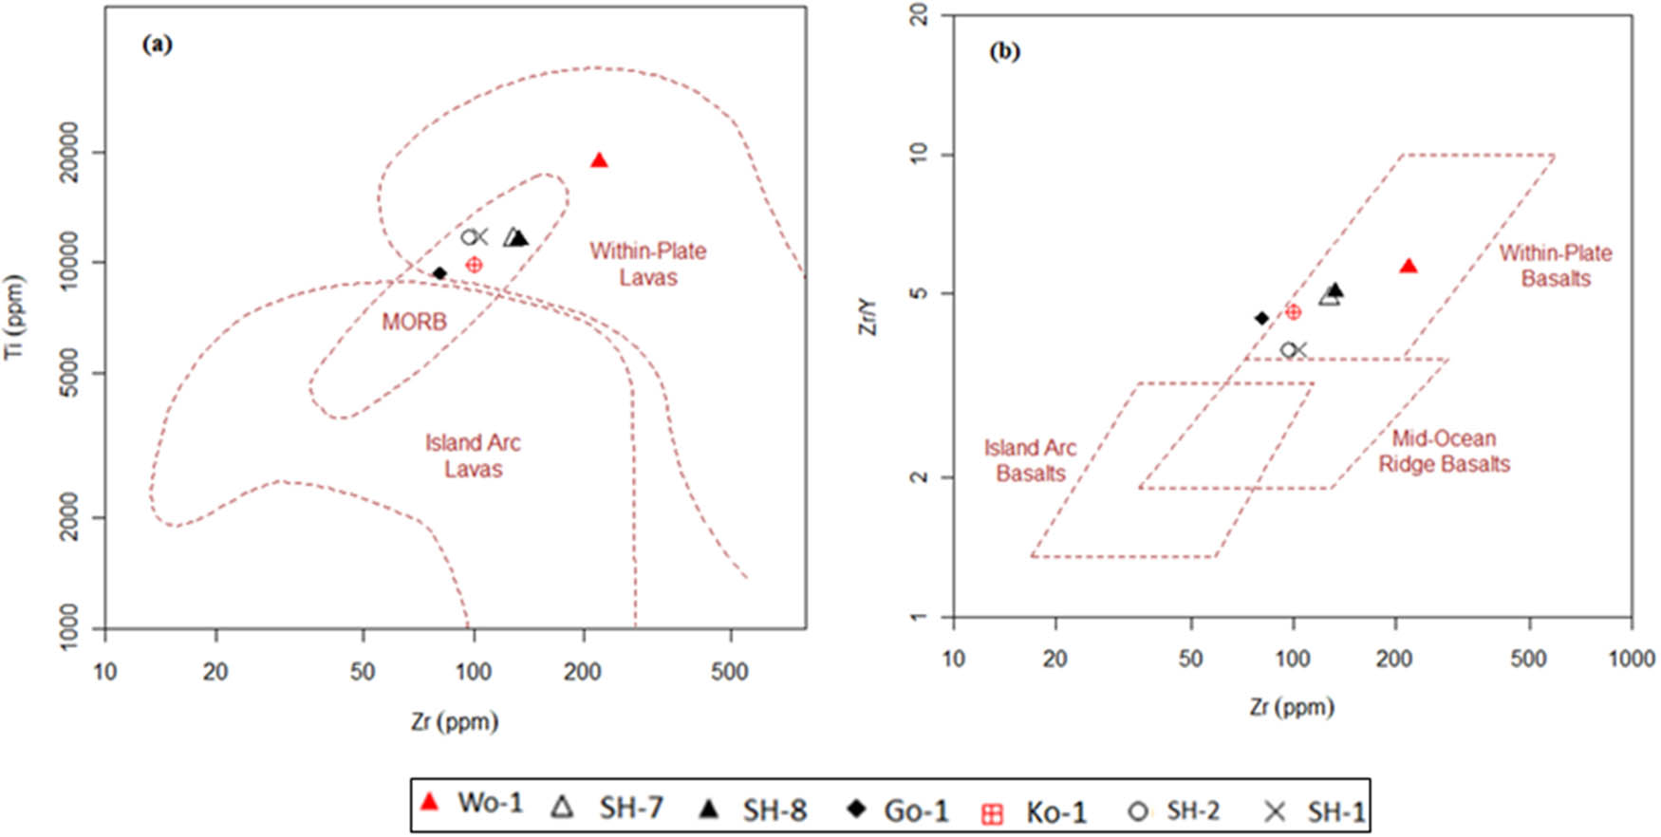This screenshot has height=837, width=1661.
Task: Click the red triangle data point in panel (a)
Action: [599, 160]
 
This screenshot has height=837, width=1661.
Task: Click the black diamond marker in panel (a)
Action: [439, 273]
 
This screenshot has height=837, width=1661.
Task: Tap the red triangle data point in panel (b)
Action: [1409, 266]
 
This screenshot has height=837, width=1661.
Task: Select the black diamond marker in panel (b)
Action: [1261, 318]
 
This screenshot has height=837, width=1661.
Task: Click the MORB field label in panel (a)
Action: [414, 322]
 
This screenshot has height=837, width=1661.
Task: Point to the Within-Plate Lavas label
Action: [648, 264]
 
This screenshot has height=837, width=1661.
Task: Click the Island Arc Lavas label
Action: [473, 456]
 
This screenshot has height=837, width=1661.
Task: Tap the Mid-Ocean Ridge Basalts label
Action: [1444, 451]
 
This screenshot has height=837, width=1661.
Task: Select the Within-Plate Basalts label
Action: [1556, 266]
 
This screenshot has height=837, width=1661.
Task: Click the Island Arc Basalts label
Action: [1030, 460]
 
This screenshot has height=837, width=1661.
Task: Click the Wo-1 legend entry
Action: [472, 803]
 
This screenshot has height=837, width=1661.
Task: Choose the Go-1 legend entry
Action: [898, 809]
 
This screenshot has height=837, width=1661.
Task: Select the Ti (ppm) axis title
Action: [14, 318]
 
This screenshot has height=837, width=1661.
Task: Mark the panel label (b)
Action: [1004, 51]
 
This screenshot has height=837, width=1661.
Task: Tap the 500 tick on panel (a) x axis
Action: [730, 672]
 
